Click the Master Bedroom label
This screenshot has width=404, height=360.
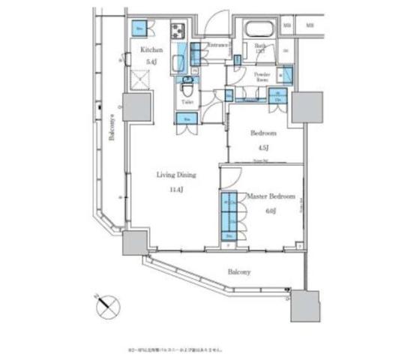(x=271, y=197)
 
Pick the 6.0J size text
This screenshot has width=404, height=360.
(x=271, y=211)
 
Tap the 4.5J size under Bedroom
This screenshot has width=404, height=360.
(x=262, y=147)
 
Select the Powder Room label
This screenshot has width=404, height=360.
(x=262, y=77)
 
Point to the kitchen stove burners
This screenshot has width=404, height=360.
(x=180, y=31)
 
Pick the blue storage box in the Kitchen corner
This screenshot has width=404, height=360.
(x=139, y=28)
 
